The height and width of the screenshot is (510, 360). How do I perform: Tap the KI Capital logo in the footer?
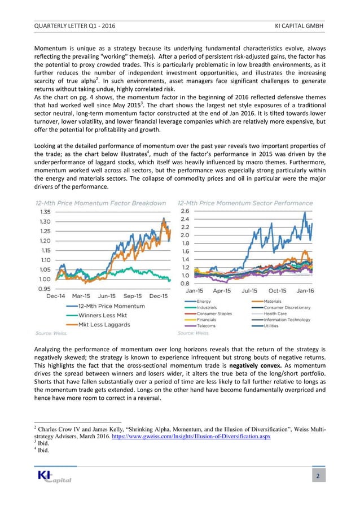pos(52,478)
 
